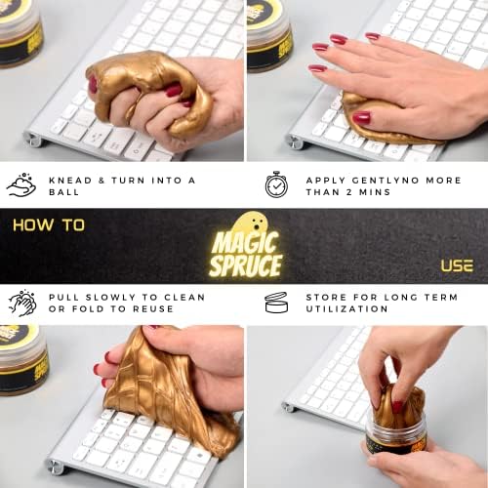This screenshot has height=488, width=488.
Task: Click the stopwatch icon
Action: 276,184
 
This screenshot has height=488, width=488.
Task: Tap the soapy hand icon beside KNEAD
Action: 21,184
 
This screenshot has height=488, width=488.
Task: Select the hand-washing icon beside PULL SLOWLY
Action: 22,304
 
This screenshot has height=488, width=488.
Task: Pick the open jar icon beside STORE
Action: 276,303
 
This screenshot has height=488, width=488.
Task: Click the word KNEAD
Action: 70,181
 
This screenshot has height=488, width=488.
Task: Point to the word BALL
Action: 63,192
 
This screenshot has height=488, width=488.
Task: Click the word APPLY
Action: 325,181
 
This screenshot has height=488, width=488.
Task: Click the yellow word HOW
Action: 33,225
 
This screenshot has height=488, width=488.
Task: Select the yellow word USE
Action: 457,265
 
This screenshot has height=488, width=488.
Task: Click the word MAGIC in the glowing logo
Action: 245,242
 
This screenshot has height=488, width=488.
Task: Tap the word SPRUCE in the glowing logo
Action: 246,265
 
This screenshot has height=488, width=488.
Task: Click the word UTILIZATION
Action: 346,308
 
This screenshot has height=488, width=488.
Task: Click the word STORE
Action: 326,297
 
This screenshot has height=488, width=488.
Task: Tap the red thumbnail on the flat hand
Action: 361,118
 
